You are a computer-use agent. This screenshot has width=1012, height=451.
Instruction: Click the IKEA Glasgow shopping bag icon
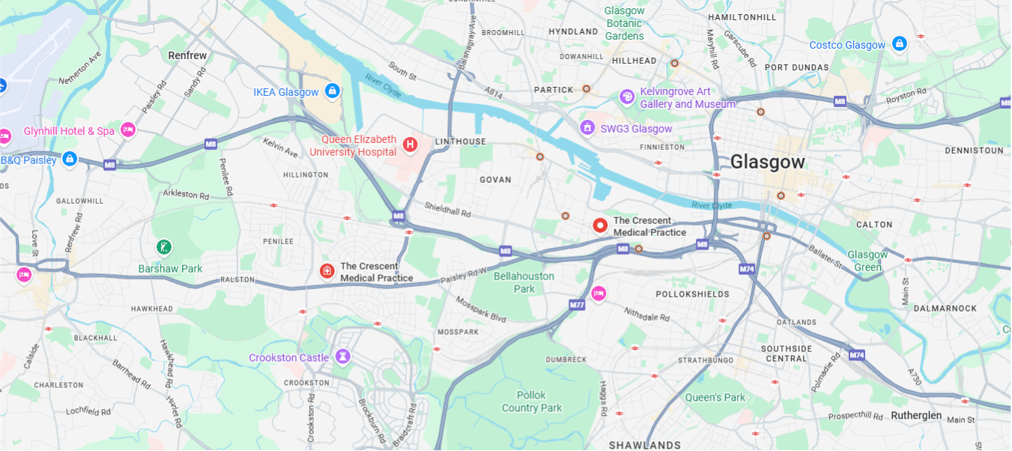tap(332, 91)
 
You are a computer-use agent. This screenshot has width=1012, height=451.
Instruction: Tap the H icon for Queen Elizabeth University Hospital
tap(410, 144)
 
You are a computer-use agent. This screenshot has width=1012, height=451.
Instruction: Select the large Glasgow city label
tap(767, 162)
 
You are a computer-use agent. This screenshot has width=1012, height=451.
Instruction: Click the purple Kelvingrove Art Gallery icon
tap(627, 97)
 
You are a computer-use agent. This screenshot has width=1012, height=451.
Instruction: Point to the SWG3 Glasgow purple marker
tap(588, 129)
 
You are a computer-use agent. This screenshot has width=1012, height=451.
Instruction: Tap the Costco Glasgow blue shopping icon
tap(900, 44)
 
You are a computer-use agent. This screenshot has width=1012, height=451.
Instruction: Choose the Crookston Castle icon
tap(343, 357)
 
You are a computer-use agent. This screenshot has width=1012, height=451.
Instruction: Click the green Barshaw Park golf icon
tap(164, 246)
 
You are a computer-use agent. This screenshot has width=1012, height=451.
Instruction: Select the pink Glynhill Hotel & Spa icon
tap(128, 130)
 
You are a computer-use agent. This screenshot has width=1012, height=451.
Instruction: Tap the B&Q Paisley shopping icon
tap(70, 159)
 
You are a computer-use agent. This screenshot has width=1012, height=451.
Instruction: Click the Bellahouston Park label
tap(524, 282)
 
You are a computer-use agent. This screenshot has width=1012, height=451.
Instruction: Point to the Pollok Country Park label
tap(531, 402)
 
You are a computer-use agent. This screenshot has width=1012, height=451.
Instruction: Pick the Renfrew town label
tap(187, 55)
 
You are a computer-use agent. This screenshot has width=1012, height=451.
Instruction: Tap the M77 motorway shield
tap(576, 305)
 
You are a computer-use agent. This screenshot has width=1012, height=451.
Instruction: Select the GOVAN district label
tap(495, 180)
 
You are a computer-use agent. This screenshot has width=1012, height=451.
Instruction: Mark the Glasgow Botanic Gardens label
tap(625, 23)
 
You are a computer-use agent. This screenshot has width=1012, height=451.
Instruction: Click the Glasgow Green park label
tap(867, 261)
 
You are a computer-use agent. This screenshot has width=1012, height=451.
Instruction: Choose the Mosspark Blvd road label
tap(480, 308)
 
